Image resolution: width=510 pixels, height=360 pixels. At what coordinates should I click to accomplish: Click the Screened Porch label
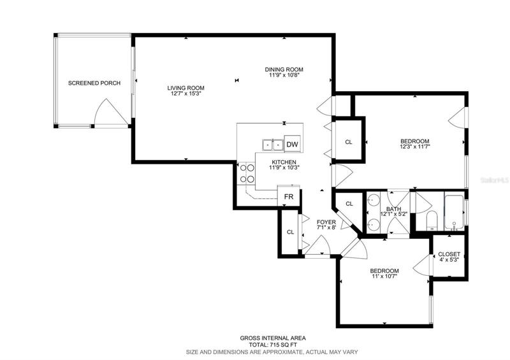[x=94, y=83]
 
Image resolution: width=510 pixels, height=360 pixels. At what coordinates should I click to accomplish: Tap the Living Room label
[x=186, y=88]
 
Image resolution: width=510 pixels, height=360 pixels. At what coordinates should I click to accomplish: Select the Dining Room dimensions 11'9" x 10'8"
[x=284, y=75]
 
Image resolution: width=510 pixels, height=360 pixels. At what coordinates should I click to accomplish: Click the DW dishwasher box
[x=292, y=144]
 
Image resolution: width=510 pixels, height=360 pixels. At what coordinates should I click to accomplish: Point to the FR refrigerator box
[x=289, y=196]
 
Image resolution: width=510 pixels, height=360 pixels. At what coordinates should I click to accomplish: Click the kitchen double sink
[x=273, y=145]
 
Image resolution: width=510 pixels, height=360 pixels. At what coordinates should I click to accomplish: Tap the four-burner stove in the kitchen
[x=246, y=173]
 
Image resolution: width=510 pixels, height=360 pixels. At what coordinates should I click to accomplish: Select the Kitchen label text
[x=284, y=162]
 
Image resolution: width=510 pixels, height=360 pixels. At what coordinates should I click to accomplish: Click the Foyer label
[x=326, y=222]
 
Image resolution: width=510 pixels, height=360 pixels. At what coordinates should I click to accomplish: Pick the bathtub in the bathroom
[x=454, y=212]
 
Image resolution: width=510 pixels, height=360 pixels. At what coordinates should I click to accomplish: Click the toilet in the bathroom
[x=432, y=220]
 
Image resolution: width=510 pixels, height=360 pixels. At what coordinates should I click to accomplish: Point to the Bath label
[x=393, y=209]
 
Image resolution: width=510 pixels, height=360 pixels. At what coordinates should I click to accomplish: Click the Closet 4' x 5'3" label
[x=449, y=257]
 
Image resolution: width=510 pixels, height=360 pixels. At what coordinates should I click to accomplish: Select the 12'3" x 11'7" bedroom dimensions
[x=415, y=147]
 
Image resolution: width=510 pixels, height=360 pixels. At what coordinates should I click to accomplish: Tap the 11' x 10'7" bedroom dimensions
[x=384, y=277]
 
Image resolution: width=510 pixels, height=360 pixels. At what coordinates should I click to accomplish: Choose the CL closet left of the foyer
[x=290, y=232]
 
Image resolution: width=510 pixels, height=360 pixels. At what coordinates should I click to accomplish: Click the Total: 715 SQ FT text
[x=273, y=345]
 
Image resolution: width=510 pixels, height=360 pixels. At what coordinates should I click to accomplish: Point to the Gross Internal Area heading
[x=273, y=338]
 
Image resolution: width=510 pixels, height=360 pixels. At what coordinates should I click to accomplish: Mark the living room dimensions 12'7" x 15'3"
[x=186, y=94]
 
